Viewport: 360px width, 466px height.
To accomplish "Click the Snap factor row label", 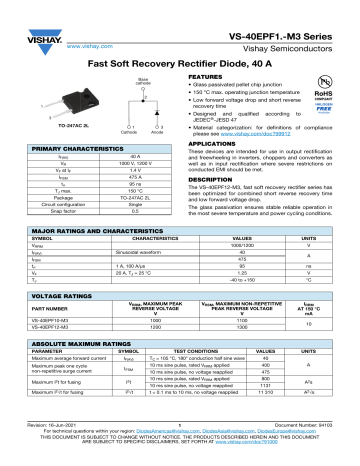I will coord(49,213).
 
